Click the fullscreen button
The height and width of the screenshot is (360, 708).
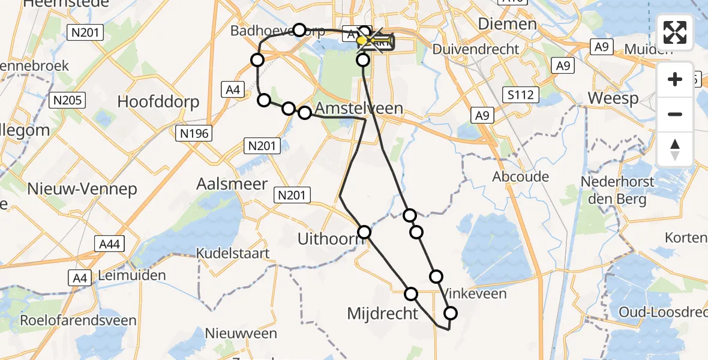point(675,32)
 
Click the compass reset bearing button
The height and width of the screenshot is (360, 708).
point(675,149)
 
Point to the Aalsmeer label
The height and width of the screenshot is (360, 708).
point(232,184)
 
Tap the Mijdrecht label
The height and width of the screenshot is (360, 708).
point(382,313)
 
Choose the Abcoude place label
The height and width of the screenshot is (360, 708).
point(520,176)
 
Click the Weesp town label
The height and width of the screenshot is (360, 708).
point(613,98)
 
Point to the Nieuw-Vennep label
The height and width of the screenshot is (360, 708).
point(82,188)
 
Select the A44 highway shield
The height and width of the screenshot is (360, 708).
point(109,243)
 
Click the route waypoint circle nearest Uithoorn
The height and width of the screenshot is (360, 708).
point(364,232)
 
